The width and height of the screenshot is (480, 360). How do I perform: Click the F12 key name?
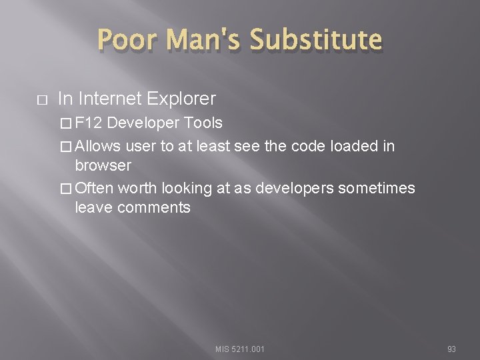(x=89, y=124)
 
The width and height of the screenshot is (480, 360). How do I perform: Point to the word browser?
(x=103, y=165)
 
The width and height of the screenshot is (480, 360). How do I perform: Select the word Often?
(x=95, y=189)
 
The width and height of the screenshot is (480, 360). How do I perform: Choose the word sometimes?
(x=377, y=189)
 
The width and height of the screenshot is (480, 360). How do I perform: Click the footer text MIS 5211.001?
(x=239, y=348)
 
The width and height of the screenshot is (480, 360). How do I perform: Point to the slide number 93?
(x=451, y=348)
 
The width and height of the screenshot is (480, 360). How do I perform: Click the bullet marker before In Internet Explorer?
(x=41, y=100)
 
